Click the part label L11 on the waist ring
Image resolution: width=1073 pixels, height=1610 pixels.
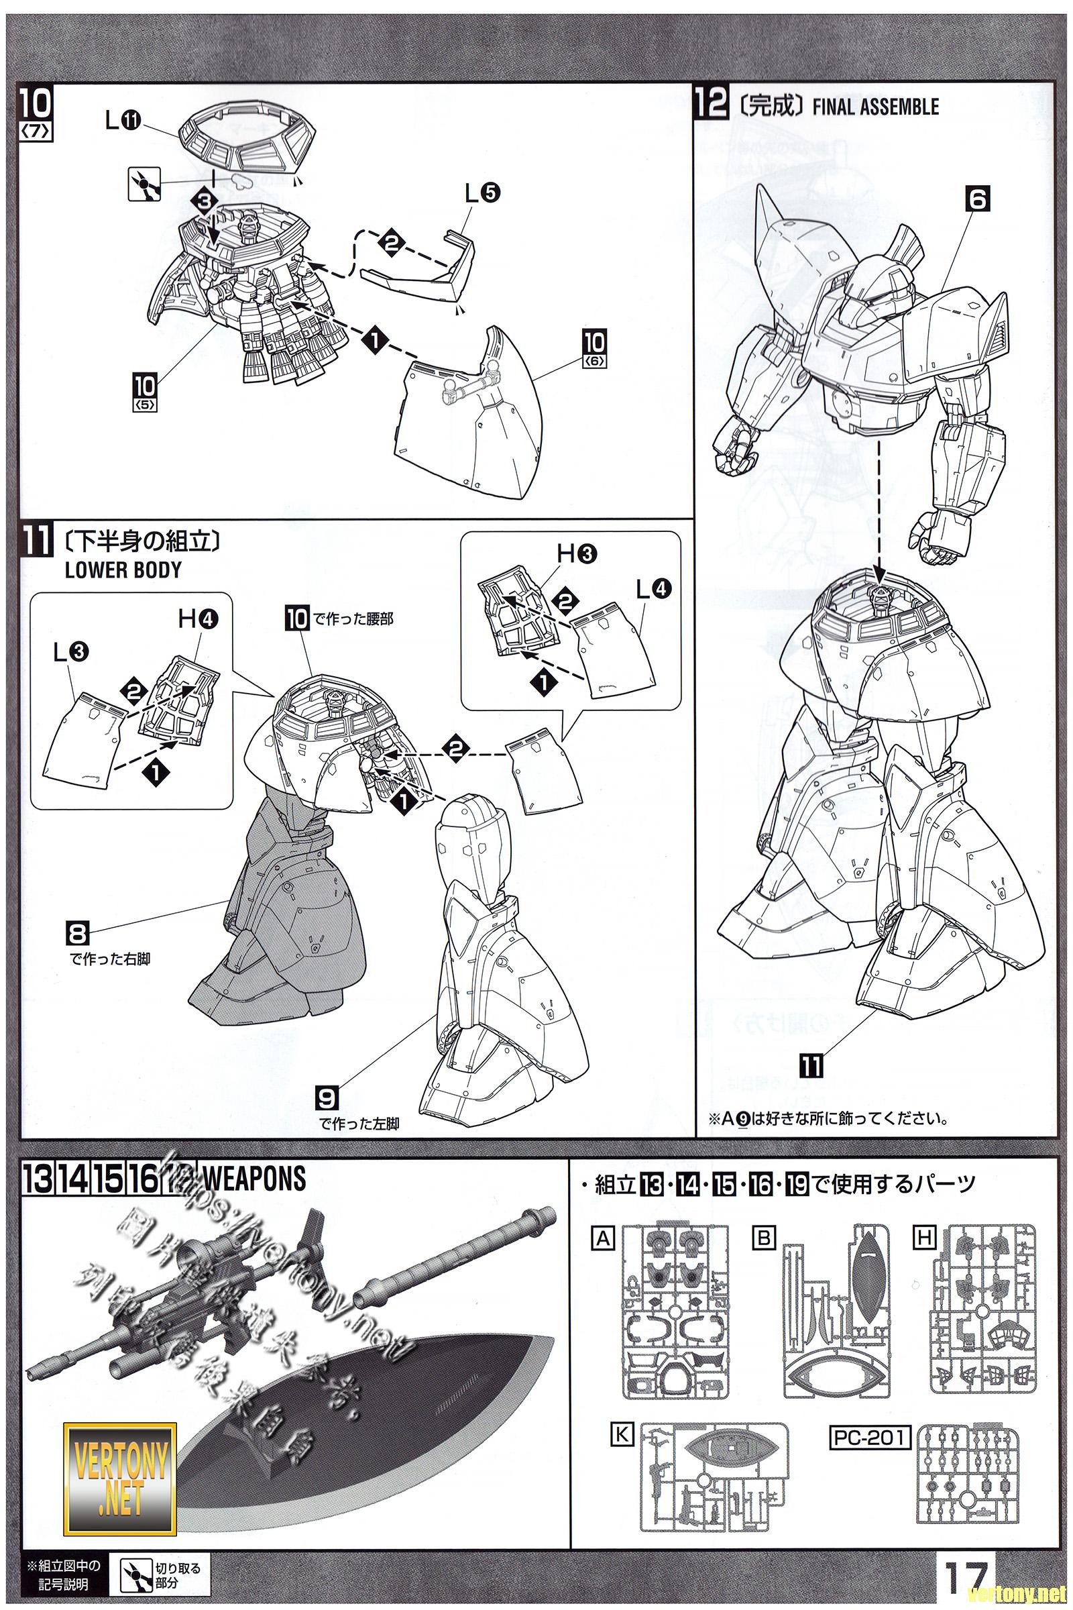123,121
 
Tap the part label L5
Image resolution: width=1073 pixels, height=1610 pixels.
482,193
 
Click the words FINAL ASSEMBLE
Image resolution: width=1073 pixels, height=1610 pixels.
874,107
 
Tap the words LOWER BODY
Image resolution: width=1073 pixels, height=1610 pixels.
123,570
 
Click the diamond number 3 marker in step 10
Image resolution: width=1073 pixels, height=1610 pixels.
208,200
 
